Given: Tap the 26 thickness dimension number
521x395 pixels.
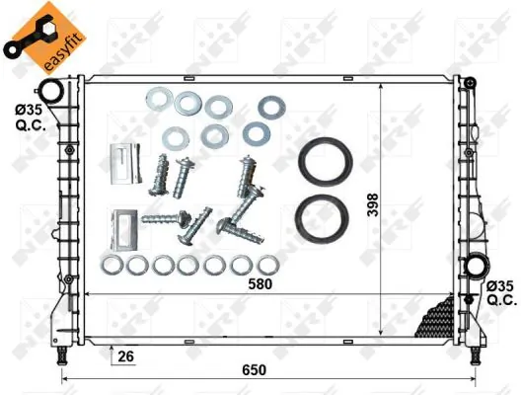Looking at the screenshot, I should [x=125, y=355].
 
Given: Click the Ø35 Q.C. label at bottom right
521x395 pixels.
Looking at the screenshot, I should [x=500, y=292].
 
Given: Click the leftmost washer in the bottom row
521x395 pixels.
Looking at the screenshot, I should [x=112, y=265].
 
